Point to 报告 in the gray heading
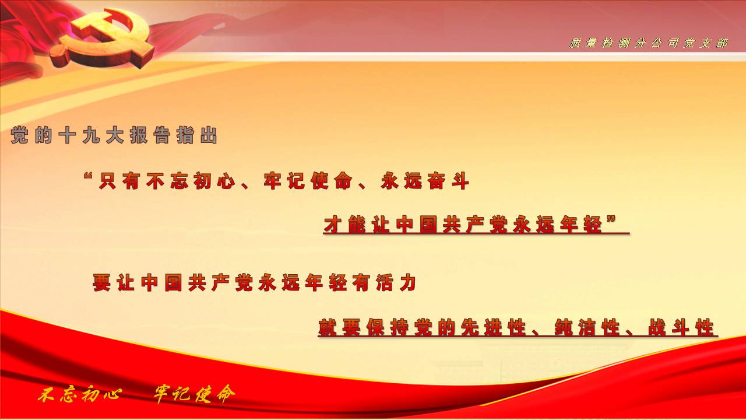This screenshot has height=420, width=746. click(x=150, y=135)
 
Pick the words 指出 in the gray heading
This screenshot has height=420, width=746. click(x=197, y=135)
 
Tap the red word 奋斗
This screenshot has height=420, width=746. click(x=449, y=181)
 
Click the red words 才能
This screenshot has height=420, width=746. click(x=344, y=225)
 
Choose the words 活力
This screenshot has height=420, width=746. click(x=396, y=283)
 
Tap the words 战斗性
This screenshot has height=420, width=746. click(x=681, y=327)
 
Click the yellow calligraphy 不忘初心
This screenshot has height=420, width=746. click(x=80, y=395)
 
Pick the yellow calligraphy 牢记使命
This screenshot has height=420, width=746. click(x=195, y=394)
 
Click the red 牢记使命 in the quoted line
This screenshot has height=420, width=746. click(x=308, y=181)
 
